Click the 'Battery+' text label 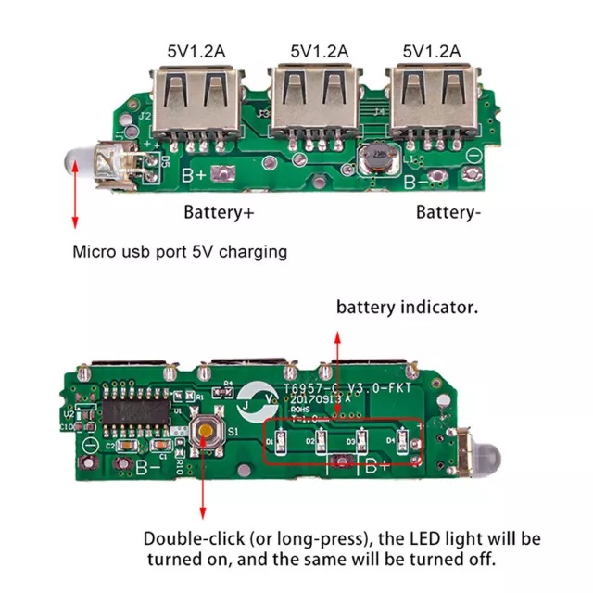coord(219,212)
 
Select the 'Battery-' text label coord(448,212)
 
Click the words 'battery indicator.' coord(407,308)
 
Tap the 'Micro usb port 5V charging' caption coord(181,251)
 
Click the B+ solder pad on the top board coord(222,173)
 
